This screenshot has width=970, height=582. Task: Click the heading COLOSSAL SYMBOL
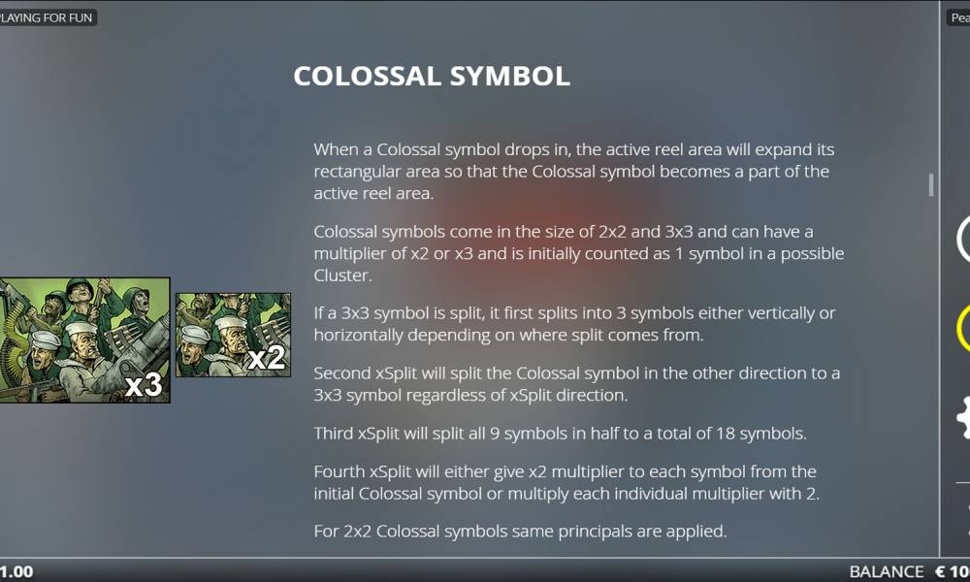point(432,76)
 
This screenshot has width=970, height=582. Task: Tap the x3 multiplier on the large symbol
point(144,385)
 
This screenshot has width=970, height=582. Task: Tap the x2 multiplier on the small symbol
point(266,358)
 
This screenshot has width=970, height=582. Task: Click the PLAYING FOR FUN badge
point(47,17)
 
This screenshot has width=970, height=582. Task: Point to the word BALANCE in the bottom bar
point(886,571)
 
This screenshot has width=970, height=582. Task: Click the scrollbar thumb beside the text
point(931,185)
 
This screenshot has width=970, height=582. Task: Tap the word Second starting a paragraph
point(342,372)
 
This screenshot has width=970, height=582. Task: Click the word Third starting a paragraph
point(334,433)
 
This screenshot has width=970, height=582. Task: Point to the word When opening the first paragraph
point(335,149)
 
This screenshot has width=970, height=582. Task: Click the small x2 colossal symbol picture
point(233,335)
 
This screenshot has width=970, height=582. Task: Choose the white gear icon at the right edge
point(964,418)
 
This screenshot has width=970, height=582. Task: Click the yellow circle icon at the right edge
point(964,328)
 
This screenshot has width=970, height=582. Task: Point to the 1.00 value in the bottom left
point(16,571)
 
